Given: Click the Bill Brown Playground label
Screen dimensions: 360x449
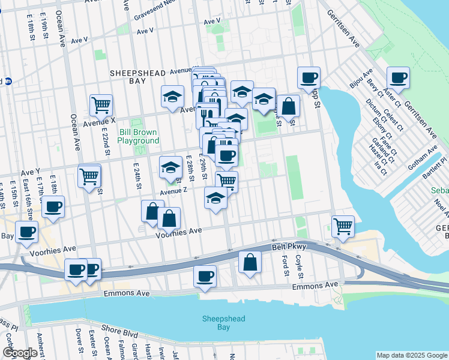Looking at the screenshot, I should click(138, 136).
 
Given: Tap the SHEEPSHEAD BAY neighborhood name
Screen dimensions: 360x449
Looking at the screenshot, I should click(137, 78).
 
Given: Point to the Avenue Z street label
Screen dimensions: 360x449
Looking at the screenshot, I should click(173, 191).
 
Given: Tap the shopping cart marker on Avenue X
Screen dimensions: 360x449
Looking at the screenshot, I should click(101, 105).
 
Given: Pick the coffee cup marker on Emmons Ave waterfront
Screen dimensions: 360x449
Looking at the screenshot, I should click(205, 276).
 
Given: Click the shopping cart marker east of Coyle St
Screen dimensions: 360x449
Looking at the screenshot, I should click(342, 226).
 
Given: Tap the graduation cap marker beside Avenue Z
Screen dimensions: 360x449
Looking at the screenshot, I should click(215, 198).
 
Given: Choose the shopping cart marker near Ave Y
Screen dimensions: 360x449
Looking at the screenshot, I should click(89, 176).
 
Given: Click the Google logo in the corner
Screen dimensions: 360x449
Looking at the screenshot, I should click(19, 353).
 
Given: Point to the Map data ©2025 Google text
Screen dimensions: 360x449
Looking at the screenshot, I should click(412, 355).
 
